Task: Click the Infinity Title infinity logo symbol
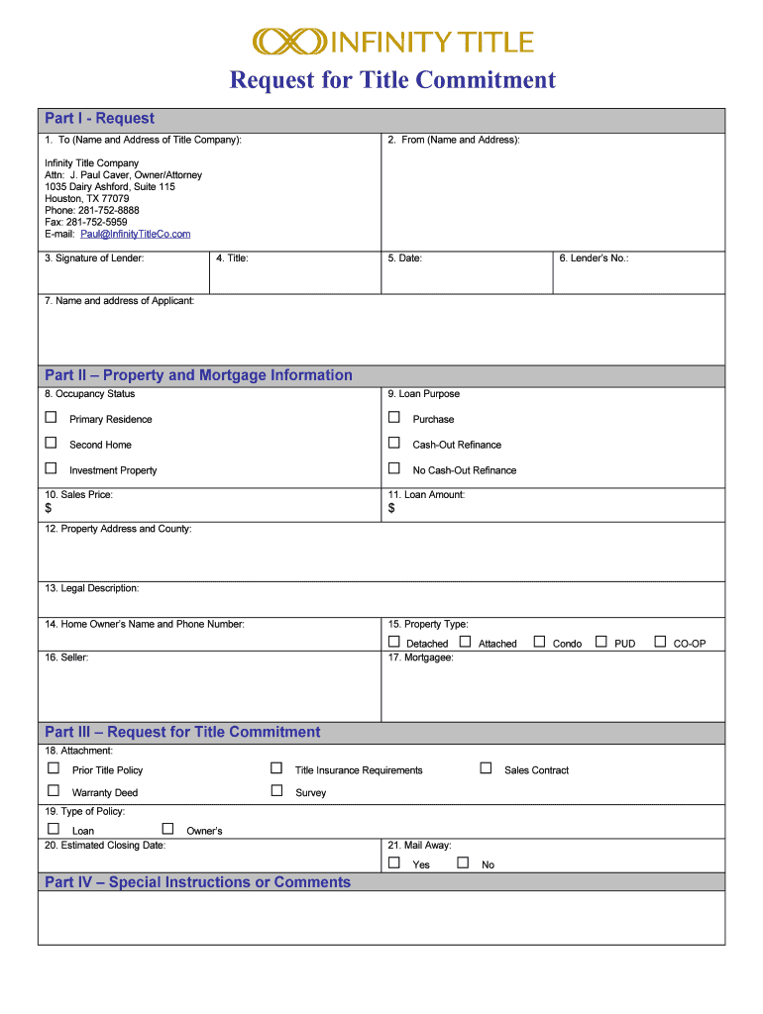289,41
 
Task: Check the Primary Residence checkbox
51,418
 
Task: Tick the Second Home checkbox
51,444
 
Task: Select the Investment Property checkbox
51,468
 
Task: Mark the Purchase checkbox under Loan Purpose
394,418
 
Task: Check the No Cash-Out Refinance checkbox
394,468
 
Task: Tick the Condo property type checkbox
539,642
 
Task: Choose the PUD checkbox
600,642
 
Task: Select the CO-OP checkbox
660,642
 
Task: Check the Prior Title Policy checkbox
54,768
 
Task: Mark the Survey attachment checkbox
276,791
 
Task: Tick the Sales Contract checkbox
486,768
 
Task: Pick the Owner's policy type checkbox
167,829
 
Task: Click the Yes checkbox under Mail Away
394,862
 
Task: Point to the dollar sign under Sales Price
48,508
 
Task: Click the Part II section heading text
198,375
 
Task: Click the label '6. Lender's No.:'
594,258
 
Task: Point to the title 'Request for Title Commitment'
392,80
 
